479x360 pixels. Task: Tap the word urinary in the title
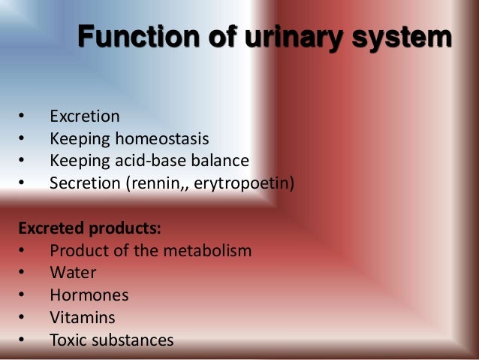(289, 37)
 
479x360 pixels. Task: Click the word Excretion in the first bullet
(84, 116)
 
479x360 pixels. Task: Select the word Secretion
(80, 183)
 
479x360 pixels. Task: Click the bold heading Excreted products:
(90, 227)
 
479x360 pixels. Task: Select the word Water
(73, 273)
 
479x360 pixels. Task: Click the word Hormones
(89, 295)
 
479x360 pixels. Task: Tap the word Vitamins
(83, 318)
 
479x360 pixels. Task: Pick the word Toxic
(68, 340)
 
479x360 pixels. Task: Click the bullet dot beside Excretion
(21, 117)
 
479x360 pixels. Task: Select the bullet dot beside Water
(21, 273)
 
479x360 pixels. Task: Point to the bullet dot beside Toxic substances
(21, 340)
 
